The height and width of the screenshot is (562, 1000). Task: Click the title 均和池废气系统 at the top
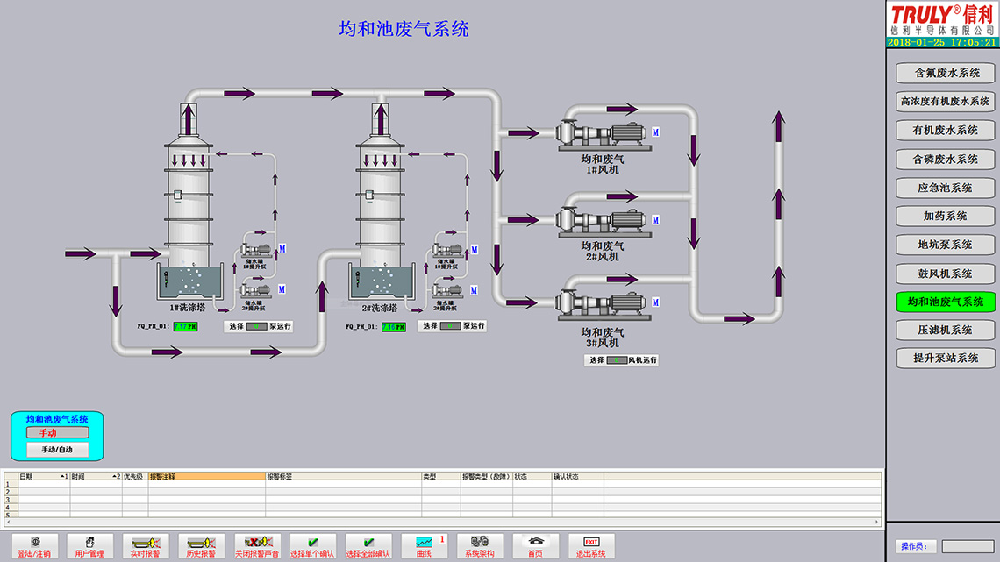404,29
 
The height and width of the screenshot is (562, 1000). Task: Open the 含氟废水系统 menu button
946,73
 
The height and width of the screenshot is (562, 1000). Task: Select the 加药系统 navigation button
946,216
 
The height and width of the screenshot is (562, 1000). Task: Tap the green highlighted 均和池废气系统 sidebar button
946,302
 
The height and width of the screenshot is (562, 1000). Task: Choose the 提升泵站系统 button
946,358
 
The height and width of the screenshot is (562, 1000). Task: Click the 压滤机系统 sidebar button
946,330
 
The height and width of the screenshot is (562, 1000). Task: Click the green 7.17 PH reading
185,326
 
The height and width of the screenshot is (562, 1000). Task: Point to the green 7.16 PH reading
393,327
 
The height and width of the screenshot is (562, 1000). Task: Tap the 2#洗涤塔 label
379,308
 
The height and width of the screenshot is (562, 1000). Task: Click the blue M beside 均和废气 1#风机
655,132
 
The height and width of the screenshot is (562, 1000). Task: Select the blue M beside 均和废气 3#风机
655,302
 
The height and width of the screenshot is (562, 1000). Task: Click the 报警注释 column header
206,477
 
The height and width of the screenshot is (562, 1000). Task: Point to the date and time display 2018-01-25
941,41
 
